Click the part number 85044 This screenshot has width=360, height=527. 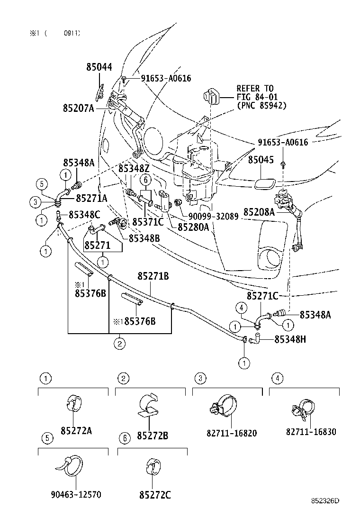click(99, 67)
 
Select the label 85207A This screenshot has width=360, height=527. click(78, 108)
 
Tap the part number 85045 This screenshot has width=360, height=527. click(261, 160)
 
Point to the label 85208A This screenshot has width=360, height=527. click(259, 212)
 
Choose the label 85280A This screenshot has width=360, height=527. click(193, 227)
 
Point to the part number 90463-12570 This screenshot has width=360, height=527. click(76, 495)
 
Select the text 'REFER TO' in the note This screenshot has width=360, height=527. click(255, 89)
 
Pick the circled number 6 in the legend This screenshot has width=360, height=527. click(124, 438)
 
